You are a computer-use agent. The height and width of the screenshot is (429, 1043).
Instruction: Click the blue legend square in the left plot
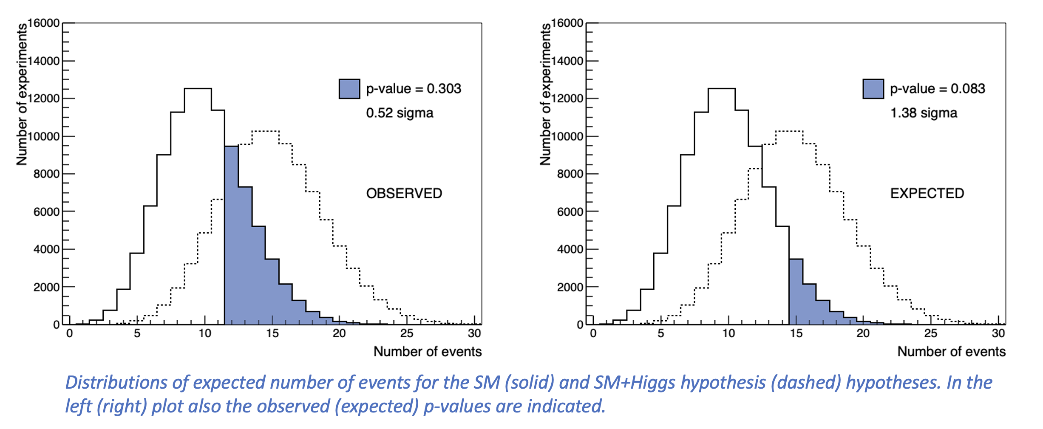tap(349, 89)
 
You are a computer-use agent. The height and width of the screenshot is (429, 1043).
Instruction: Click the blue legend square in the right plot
tap(873, 89)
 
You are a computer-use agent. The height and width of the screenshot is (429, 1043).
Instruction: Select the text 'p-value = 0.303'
tap(414, 89)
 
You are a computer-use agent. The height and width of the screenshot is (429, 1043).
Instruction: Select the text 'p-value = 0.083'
tap(937, 89)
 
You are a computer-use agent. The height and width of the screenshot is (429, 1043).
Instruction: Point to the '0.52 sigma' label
tap(400, 113)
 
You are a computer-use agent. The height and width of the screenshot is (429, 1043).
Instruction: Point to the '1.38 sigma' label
tap(924, 113)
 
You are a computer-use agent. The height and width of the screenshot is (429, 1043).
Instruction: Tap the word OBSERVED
tap(404, 193)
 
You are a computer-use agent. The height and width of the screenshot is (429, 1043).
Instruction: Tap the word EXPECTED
tap(927, 193)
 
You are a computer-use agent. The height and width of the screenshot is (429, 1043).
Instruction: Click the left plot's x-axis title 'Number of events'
tap(427, 352)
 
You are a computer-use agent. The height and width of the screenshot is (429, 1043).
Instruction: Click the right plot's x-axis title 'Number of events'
tap(951, 352)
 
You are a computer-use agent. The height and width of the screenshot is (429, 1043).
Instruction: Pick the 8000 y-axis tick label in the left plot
tap(46, 174)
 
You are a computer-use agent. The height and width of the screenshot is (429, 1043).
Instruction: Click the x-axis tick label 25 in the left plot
tap(407, 333)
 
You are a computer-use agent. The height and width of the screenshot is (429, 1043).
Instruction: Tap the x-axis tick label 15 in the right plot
tap(796, 333)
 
